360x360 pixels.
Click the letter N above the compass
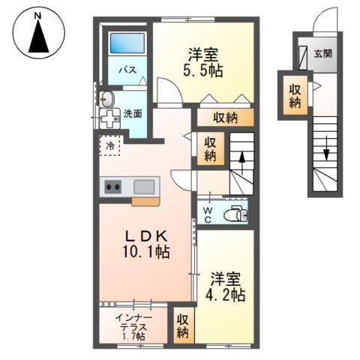[38, 16]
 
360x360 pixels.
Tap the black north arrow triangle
[38, 37]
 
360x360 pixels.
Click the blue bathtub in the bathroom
[127, 43]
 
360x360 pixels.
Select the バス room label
[127, 70]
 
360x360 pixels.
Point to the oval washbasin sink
[106, 99]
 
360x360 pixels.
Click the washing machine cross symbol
[110, 118]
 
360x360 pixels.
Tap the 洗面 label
[133, 114]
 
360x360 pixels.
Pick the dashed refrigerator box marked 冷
[109, 145]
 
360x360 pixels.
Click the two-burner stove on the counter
[112, 187]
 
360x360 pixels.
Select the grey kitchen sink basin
[144, 187]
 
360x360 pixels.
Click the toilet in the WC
[235, 213]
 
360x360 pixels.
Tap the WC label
[208, 215]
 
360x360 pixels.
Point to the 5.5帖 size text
[203, 71]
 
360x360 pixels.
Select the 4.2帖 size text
[225, 295]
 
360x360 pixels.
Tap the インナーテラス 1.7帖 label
[133, 327]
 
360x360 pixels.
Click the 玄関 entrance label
[323, 53]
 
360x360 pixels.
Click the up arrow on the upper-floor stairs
[241, 163]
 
